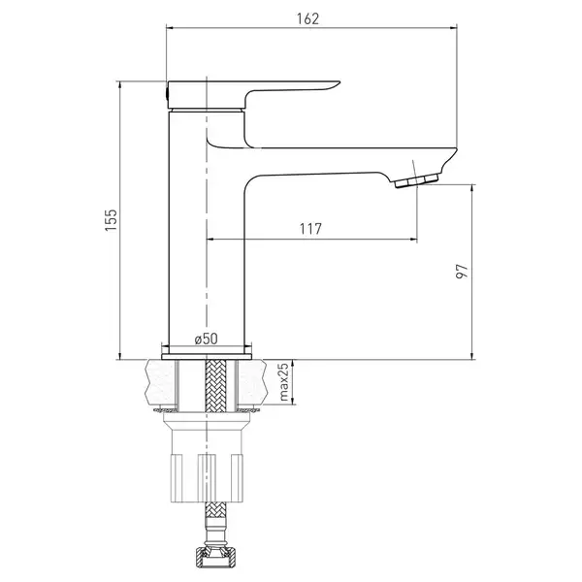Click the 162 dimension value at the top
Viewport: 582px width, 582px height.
307,18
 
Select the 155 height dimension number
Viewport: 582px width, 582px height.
112,220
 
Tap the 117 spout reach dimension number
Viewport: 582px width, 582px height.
310,229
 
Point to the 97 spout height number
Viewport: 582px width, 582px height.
462,272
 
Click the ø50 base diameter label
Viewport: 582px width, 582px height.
207,339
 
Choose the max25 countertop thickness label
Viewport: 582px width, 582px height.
283,382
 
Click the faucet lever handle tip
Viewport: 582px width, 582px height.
338,82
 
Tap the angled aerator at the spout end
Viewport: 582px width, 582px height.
416,180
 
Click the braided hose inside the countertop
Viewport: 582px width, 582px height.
215,386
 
